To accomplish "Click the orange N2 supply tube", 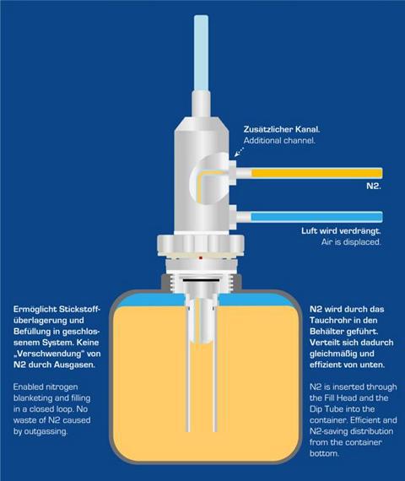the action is [x=317, y=173].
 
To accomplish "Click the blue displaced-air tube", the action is [x=316, y=217].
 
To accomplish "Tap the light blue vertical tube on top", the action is [x=201, y=53].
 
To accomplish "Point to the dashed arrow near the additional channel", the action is [x=240, y=151].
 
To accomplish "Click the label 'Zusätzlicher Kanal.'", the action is [x=282, y=129].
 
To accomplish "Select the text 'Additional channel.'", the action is [x=279, y=140].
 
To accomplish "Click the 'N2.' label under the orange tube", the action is [x=374, y=186].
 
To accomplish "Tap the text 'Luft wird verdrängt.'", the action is [x=341, y=230].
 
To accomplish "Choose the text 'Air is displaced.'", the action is [x=351, y=241].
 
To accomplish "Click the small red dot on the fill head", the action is [x=201, y=258].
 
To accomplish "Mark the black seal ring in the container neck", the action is [x=201, y=280].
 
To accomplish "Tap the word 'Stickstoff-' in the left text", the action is [x=79, y=309].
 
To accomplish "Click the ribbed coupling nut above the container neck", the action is [x=201, y=246].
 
